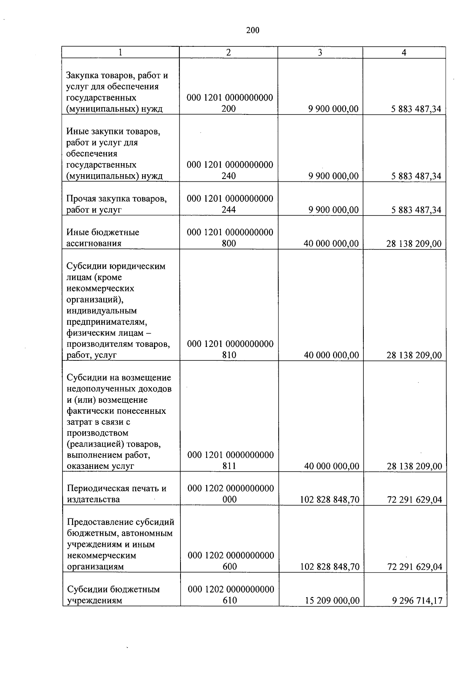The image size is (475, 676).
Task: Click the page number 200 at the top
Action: tap(253, 30)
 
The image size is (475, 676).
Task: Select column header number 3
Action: tap(320, 53)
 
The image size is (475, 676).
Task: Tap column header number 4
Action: tap(404, 53)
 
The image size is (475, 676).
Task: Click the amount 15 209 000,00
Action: tap(332, 601)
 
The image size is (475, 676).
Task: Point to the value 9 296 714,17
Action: tap(417, 601)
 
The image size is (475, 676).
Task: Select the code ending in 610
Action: tap(231, 595)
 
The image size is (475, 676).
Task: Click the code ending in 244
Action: tap(230, 204)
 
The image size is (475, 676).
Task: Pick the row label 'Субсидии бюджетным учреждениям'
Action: tap(113, 595)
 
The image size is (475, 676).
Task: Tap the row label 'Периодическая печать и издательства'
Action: tap(116, 494)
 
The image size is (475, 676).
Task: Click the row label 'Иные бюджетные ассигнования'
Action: tap(103, 238)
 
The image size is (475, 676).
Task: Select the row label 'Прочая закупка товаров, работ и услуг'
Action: tap(116, 204)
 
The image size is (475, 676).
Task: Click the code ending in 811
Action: tap(230, 461)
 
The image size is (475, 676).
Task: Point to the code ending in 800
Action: tap(230, 238)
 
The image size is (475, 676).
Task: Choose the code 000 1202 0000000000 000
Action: tap(230, 494)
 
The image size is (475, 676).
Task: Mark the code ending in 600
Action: tap(231, 561)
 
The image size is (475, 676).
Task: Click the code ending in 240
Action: tap(230, 170)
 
